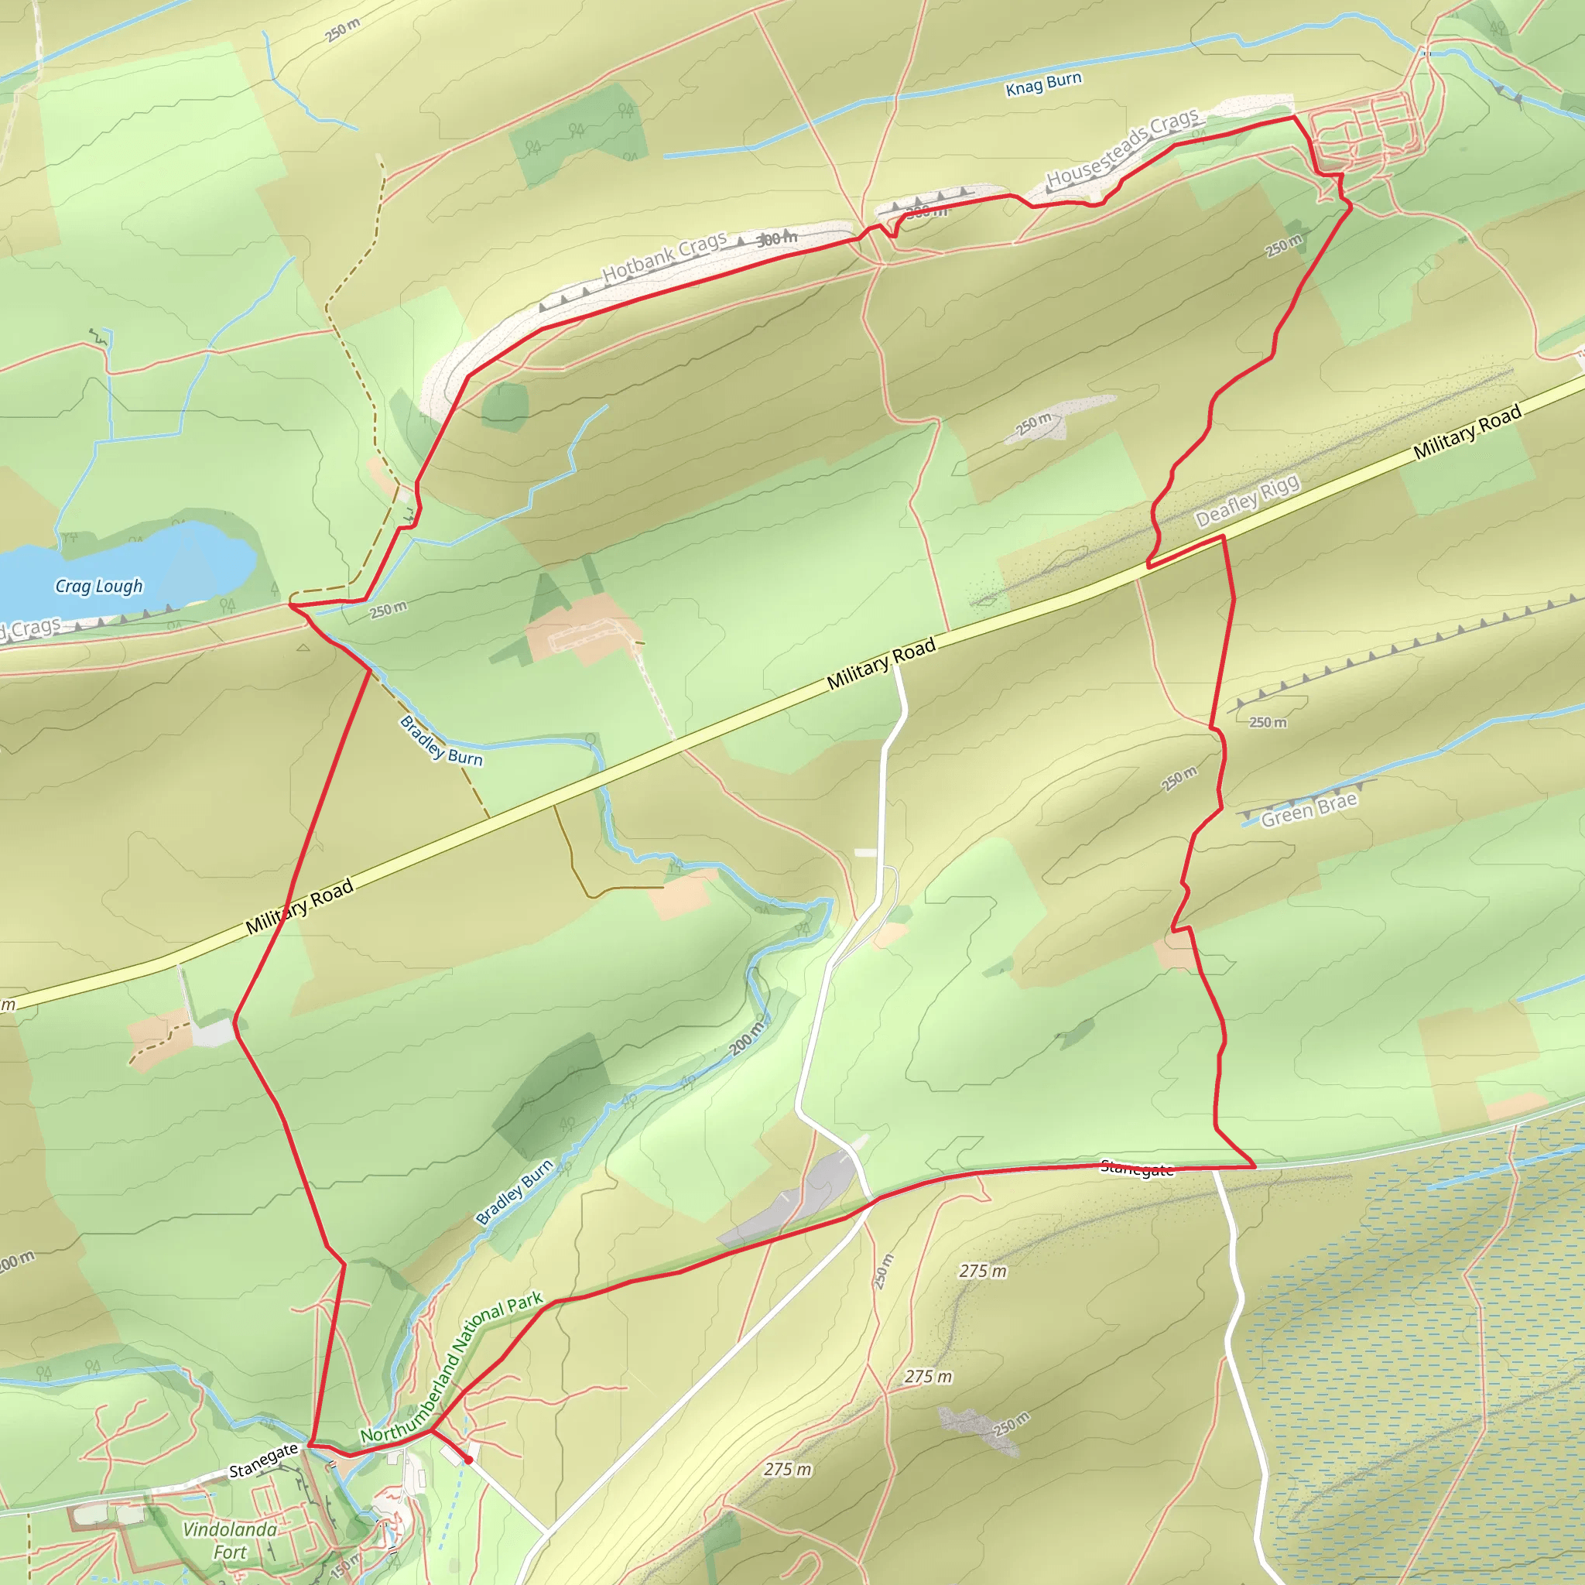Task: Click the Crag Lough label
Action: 98,586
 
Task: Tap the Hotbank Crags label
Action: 665,257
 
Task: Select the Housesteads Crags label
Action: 1122,148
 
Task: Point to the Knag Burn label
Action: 1043,84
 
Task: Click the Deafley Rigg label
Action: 1247,501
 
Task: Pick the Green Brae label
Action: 1309,809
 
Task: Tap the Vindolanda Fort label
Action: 230,1540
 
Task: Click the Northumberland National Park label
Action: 451,1368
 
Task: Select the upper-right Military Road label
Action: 1467,432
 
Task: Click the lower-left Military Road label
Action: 300,906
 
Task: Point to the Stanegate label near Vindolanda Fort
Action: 262,1460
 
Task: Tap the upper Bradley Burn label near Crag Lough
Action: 440,740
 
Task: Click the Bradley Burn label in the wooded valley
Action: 515,1191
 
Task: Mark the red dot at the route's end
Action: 468,1460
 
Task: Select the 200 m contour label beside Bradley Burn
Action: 747,1038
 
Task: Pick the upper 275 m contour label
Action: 983,1271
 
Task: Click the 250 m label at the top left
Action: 342,30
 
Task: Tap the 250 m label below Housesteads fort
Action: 1283,245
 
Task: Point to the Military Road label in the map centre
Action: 881,664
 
